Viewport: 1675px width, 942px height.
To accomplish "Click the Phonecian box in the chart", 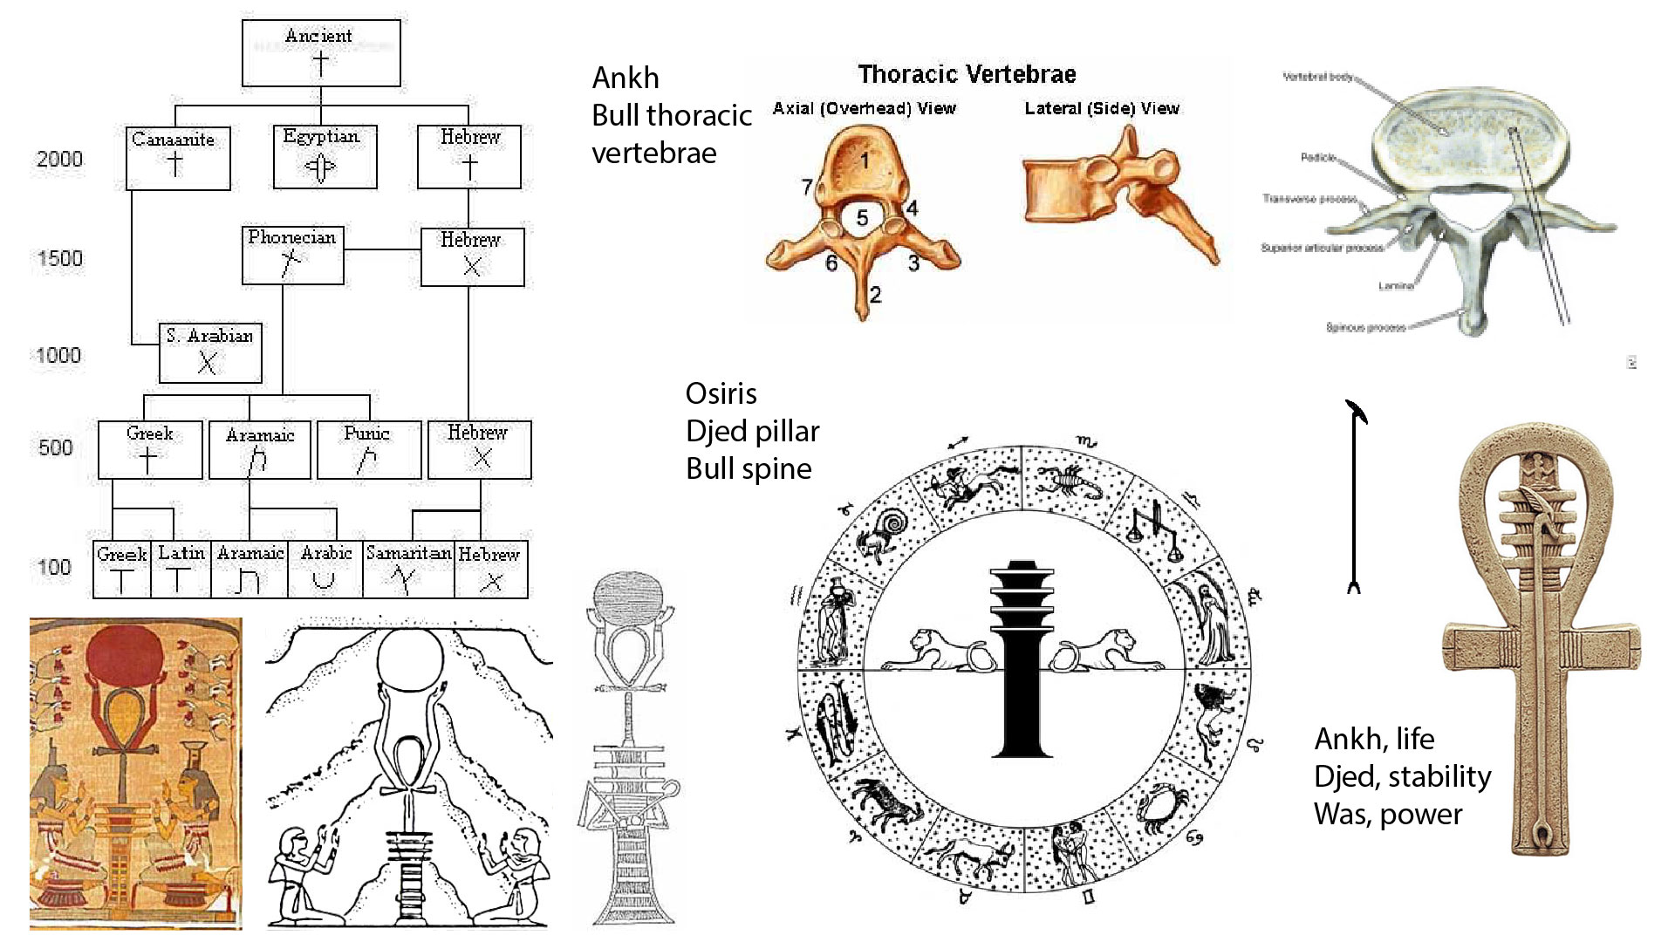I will click(292, 256).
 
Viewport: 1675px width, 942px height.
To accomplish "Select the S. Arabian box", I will click(210, 352).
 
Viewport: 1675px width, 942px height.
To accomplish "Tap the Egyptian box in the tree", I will click(325, 157).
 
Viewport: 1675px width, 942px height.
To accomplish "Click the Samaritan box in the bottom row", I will click(408, 569).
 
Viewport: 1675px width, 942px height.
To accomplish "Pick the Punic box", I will click(368, 450).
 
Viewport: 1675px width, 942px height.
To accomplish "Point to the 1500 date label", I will click(60, 259).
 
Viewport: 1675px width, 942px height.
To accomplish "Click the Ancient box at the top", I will click(320, 53).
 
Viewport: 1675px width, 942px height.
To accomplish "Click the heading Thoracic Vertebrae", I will click(967, 75).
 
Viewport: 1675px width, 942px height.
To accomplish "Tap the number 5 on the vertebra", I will click(862, 217).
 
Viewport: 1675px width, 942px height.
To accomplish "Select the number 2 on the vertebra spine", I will click(875, 295).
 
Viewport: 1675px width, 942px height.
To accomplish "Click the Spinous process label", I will click(1365, 328).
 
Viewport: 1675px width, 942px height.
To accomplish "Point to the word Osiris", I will click(721, 393).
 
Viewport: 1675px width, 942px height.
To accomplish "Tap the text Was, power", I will click(1387, 815).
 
